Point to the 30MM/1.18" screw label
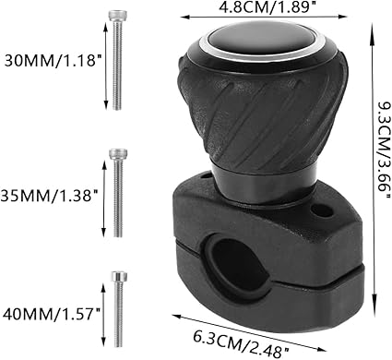pyautogui.click(x=53, y=60)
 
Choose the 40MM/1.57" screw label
pyautogui.click(x=52, y=315)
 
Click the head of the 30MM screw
pyautogui.click(x=117, y=16)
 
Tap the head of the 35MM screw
pyautogui.click(x=118, y=154)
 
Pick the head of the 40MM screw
pyautogui.click(x=119, y=276)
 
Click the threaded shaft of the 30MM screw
pyautogui.click(x=117, y=66)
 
